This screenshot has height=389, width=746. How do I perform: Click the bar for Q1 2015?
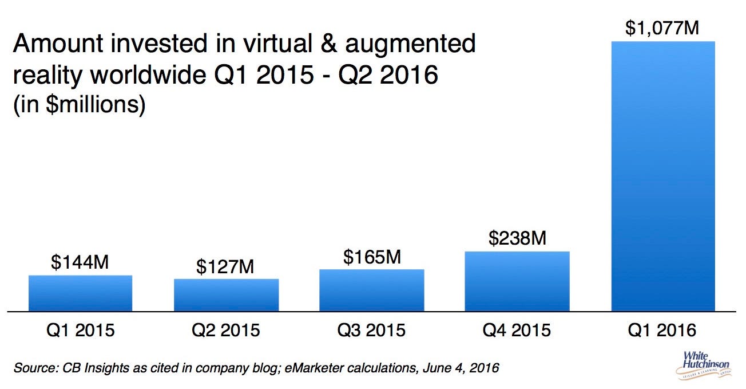80,293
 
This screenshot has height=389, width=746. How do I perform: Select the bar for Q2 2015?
226,295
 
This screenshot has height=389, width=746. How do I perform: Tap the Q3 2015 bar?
371,290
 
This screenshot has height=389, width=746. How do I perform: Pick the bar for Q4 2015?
517,281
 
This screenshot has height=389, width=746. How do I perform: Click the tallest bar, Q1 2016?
663,176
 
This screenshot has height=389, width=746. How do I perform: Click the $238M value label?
517,238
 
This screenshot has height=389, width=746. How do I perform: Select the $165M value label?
371,257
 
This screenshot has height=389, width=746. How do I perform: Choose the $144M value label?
80,262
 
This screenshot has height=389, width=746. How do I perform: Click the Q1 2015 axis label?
80,331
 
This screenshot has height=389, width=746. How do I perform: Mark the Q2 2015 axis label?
226,331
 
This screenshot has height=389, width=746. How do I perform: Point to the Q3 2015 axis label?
371,331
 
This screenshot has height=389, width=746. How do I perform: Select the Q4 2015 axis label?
517,331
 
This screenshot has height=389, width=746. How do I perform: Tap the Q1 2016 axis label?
663,331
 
